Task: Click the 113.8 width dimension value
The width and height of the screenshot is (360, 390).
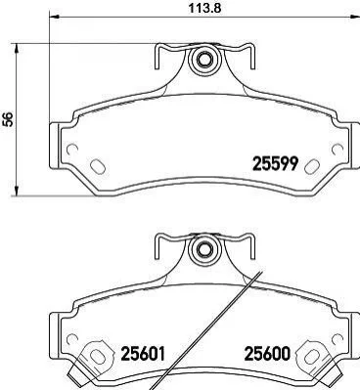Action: pyautogui.click(x=205, y=8)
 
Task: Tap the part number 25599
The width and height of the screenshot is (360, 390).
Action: pyautogui.click(x=275, y=163)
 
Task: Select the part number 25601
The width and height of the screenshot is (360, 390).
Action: pyautogui.click(x=143, y=353)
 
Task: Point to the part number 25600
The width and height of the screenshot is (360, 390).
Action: pyautogui.click(x=267, y=353)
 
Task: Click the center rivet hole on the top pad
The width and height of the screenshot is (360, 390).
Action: pyautogui.click(x=203, y=60)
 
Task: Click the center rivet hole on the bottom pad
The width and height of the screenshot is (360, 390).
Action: pyautogui.click(x=203, y=249)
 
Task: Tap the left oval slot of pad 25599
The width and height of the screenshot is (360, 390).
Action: pyautogui.click(x=97, y=166)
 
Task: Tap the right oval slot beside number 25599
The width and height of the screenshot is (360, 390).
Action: pyautogui.click(x=311, y=166)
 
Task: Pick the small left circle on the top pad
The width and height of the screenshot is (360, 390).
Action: pyautogui.click(x=72, y=150)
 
